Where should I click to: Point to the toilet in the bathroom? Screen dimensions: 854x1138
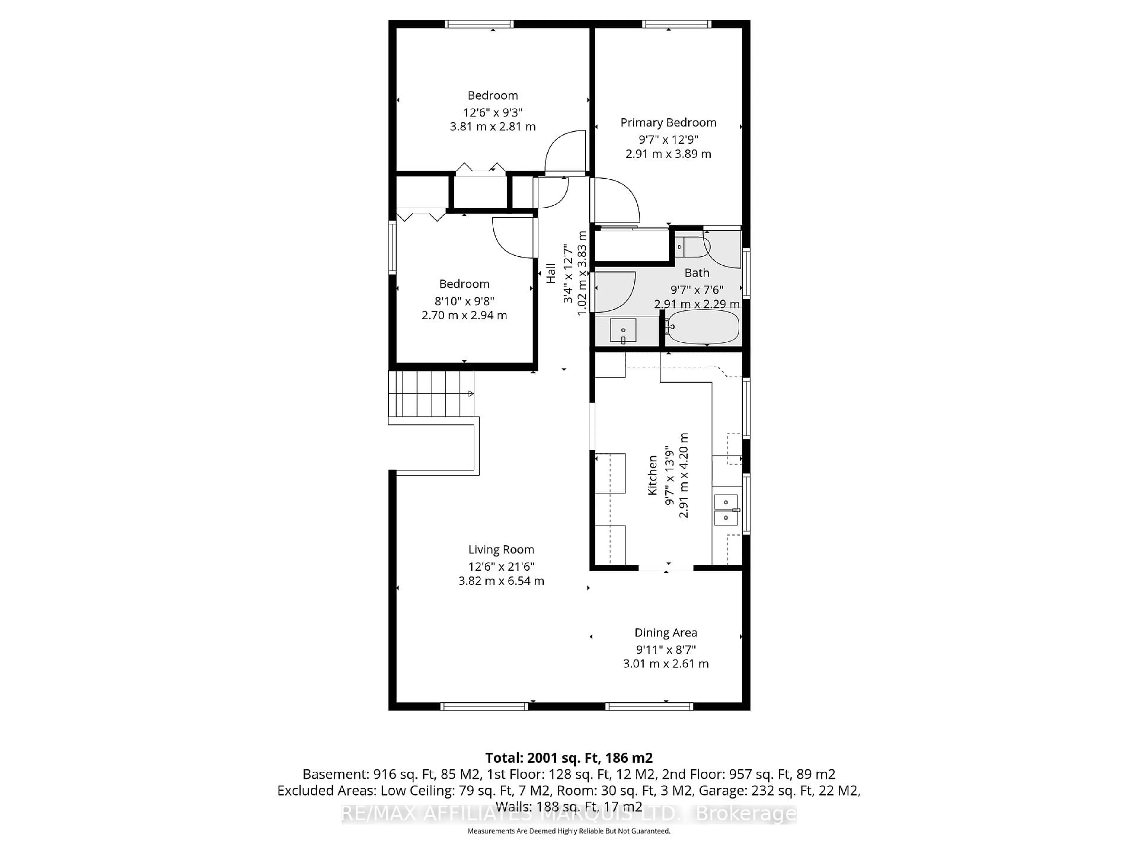pos(692,247)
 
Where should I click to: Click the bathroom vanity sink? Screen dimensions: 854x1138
pos(623,330)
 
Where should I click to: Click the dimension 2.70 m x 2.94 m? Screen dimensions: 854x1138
pos(464,315)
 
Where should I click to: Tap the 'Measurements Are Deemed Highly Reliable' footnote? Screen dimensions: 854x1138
pos(568,831)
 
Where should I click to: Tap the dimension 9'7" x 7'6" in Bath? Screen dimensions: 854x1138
pos(697,289)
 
